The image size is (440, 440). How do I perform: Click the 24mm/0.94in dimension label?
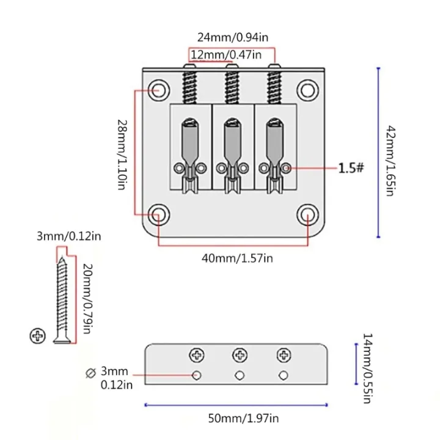233,37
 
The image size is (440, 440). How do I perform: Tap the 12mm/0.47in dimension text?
226,55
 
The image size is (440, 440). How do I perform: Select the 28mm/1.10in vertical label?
122,155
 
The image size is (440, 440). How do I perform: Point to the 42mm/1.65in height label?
391,161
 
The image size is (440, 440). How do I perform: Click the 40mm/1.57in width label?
237,258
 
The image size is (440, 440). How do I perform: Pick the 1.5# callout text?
351,168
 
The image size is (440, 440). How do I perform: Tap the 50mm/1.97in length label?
244,419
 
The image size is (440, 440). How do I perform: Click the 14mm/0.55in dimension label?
368,368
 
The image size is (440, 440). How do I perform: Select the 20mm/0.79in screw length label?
88,299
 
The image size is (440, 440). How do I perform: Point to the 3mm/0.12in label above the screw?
68,237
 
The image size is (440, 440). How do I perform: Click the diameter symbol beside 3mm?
90,373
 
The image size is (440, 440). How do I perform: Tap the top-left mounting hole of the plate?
159,90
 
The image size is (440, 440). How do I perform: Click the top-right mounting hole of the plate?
308,90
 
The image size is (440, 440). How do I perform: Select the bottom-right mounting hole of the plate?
308,215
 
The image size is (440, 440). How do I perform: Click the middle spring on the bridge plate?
232,87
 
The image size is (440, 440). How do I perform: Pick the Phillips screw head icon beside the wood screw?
38,335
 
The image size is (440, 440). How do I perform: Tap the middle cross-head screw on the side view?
240,355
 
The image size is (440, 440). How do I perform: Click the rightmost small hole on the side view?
284,375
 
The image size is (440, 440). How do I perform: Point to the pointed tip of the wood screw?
62,258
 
